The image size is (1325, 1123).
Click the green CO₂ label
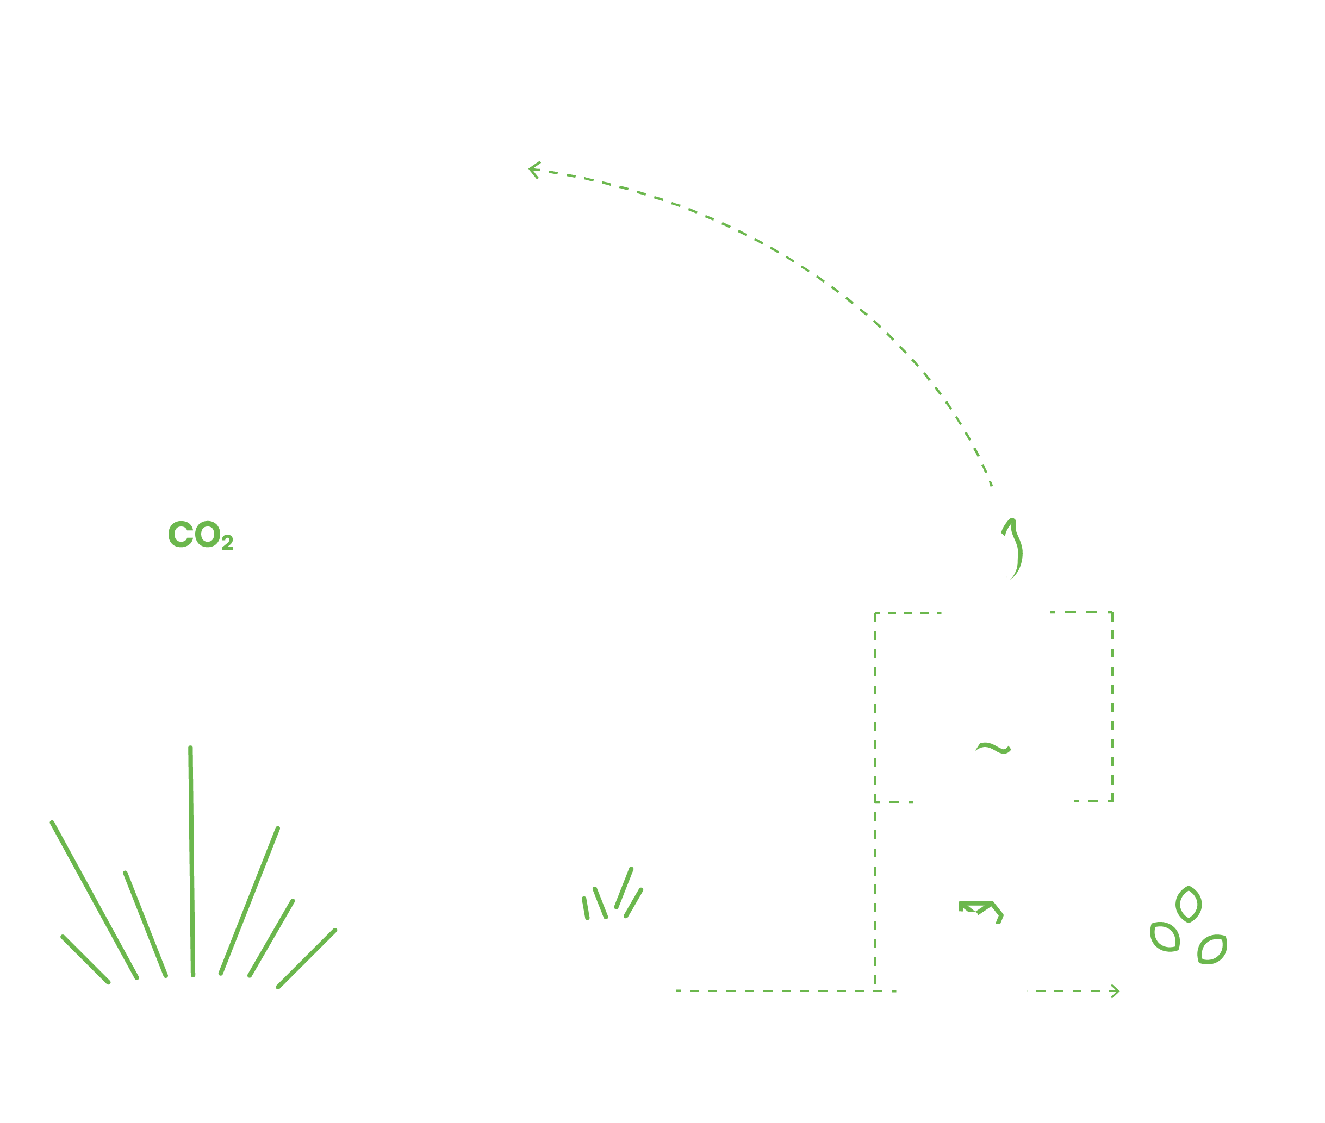pyautogui.click(x=200, y=535)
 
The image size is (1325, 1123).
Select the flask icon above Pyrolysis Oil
pyautogui.click(x=993, y=735)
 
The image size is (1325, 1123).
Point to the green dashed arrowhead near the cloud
pyautogui.click(x=535, y=170)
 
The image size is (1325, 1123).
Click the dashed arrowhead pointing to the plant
pyautogui.click(x=1115, y=990)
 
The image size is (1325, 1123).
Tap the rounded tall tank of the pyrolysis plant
pyautogui.click(x=740, y=891)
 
